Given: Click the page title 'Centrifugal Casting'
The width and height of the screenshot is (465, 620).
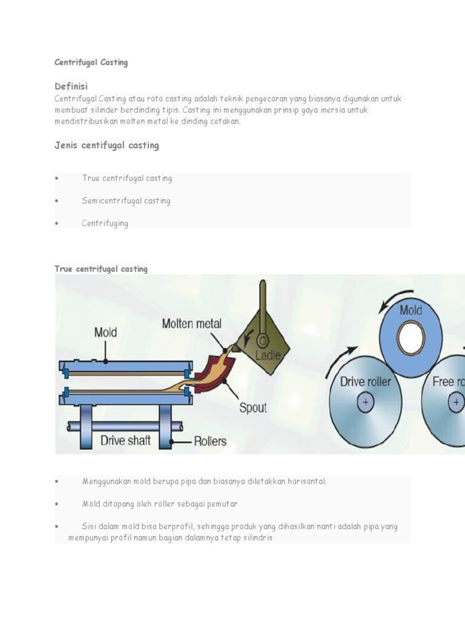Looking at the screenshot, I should [x=91, y=62].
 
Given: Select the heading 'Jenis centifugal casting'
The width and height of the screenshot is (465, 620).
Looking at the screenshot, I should [x=107, y=145].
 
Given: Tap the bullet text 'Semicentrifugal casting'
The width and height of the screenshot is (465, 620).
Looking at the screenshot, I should [x=126, y=200].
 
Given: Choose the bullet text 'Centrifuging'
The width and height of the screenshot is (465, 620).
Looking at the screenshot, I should [x=105, y=223].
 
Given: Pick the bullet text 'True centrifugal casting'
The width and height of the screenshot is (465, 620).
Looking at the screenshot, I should [x=127, y=178].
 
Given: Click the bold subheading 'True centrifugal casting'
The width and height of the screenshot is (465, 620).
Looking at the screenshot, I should [x=101, y=269].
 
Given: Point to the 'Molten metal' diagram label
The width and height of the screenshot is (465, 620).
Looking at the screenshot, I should [x=191, y=324].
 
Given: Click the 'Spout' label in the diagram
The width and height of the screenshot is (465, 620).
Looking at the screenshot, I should [x=252, y=407].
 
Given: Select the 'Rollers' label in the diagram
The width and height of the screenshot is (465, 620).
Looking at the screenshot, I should [x=210, y=441].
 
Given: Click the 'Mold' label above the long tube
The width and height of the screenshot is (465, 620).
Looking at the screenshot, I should [x=105, y=332].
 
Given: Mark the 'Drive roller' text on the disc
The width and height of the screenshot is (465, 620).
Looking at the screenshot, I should [x=365, y=382].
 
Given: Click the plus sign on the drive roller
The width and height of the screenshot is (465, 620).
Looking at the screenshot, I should [x=365, y=403].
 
